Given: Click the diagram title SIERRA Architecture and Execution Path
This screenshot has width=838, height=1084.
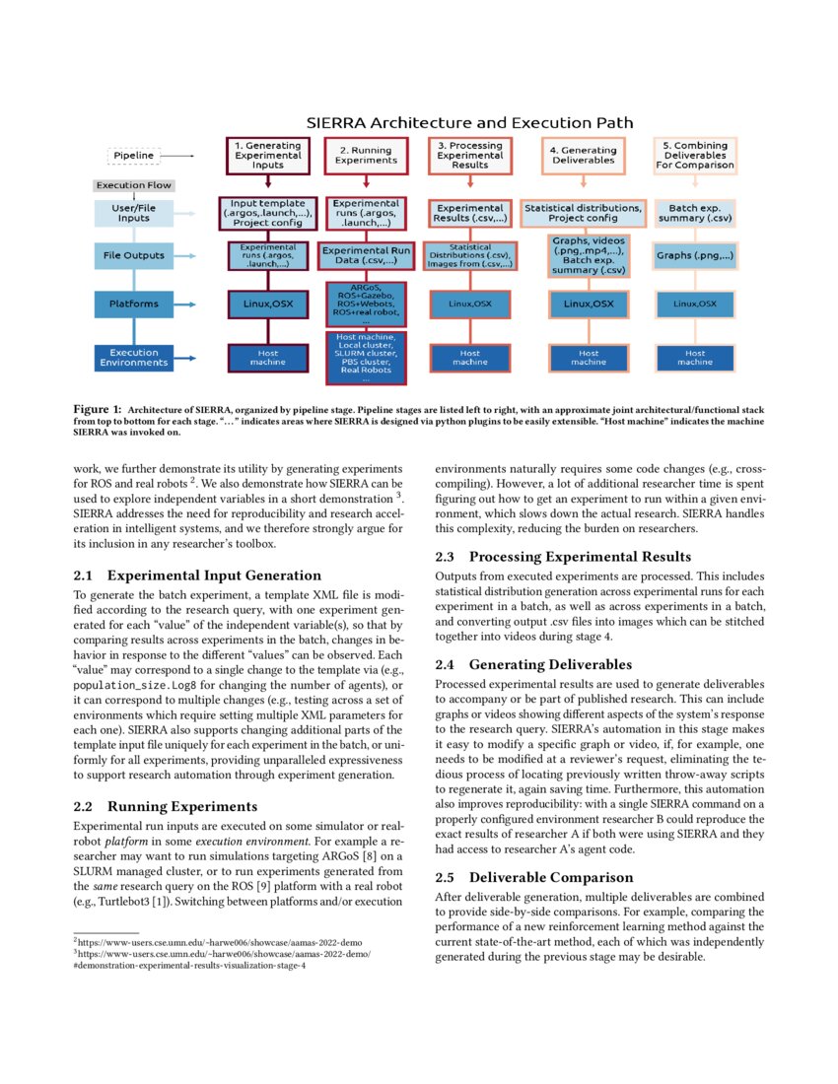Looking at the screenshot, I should pyautogui.click(x=469, y=123).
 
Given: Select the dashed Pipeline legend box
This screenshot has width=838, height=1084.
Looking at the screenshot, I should pyautogui.click(x=133, y=156).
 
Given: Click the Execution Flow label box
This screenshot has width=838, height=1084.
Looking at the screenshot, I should pyautogui.click(x=133, y=185).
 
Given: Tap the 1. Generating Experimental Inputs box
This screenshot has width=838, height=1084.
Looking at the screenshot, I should pyautogui.click(x=268, y=156).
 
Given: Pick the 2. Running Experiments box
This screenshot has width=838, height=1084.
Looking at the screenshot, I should pyautogui.click(x=366, y=156).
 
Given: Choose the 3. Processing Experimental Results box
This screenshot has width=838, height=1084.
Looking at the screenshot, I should pyautogui.click(x=469, y=156).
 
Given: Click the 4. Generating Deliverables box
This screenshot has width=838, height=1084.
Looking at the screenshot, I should pyautogui.click(x=588, y=156).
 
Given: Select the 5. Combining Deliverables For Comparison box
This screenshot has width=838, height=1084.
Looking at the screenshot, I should pyautogui.click(x=695, y=156).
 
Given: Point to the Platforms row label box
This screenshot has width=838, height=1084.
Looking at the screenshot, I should pyautogui.click(x=133, y=304).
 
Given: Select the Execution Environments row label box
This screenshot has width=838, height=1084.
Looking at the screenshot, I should pyautogui.click(x=133, y=357).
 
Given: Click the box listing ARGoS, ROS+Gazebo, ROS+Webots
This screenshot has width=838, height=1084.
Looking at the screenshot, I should pyautogui.click(x=366, y=304).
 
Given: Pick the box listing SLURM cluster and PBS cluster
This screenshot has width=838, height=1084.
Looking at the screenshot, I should pyautogui.click(x=366, y=358).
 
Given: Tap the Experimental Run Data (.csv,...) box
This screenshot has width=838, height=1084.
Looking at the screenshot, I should pyautogui.click(x=366, y=257).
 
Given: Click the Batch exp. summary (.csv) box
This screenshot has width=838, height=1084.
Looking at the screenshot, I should pyautogui.click(x=695, y=213).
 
